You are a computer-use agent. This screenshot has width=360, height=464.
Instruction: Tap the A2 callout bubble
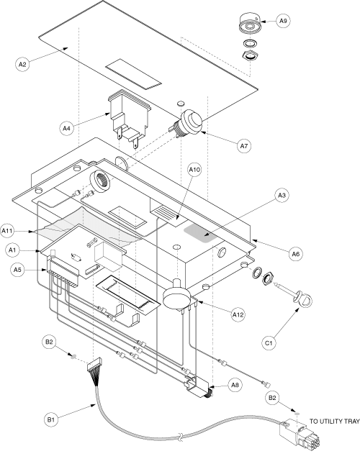click(x=22, y=65)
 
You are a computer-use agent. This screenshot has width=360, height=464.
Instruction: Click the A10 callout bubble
click(x=194, y=170)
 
